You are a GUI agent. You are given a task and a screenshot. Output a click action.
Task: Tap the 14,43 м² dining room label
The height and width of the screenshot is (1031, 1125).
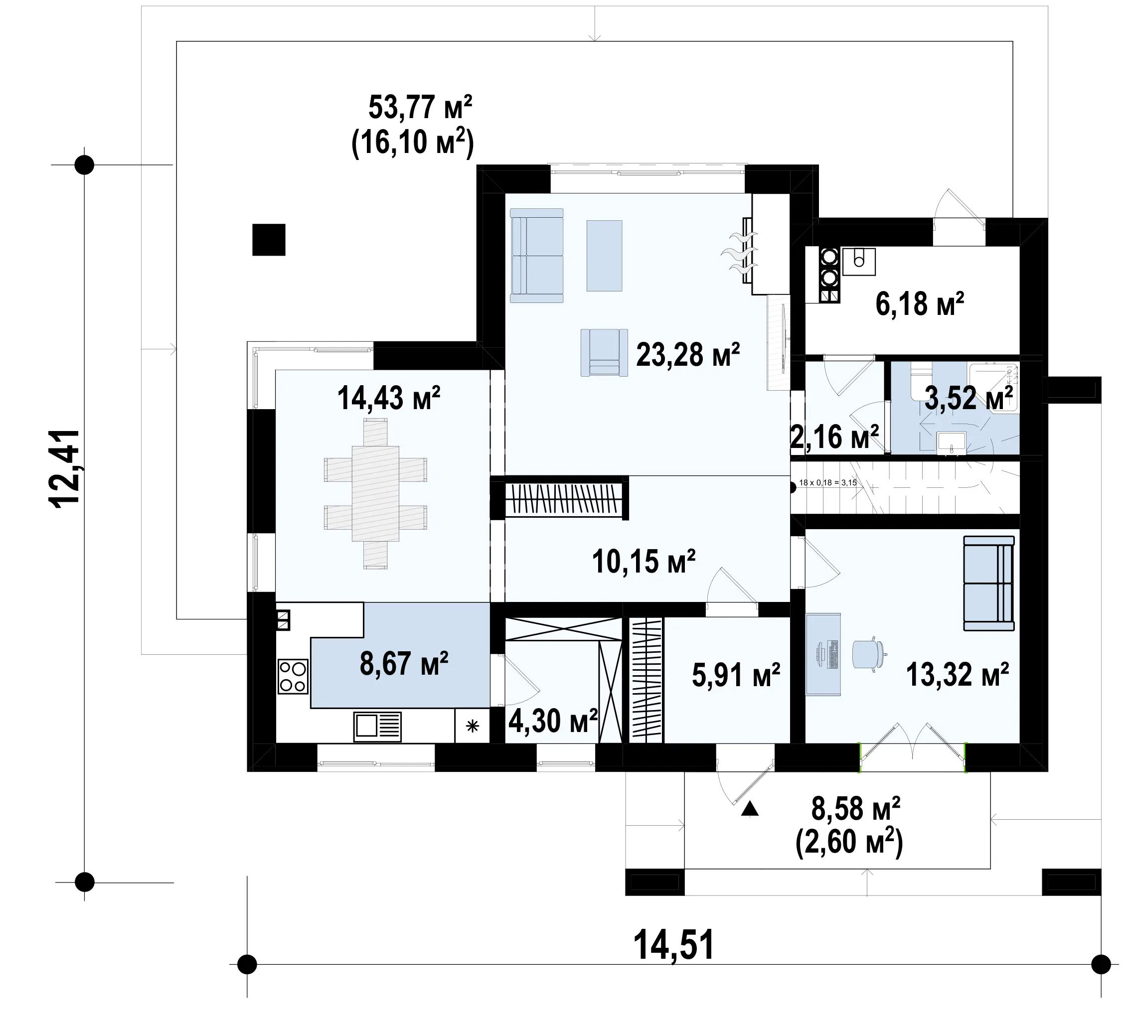[389, 398]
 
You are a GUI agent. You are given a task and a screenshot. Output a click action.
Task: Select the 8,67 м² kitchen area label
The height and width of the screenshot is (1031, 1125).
[404, 663]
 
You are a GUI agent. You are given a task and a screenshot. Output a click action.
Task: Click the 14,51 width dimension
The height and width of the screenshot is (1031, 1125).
[673, 945]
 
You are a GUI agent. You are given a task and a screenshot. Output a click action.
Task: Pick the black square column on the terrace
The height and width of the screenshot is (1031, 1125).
[269, 240]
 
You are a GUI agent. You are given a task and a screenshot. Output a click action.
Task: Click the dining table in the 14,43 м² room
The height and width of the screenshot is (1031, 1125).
[375, 494]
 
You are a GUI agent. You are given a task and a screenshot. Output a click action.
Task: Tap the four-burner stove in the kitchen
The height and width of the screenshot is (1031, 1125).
[293, 677]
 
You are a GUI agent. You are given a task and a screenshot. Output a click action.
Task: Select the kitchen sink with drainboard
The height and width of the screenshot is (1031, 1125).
[377, 727]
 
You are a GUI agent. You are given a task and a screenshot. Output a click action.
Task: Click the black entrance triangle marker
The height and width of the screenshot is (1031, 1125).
[750, 809]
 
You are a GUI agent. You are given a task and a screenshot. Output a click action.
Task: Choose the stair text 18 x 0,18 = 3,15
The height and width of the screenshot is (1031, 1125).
[828, 482]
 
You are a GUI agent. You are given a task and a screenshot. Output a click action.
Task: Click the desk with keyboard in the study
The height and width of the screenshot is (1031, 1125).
[823, 654]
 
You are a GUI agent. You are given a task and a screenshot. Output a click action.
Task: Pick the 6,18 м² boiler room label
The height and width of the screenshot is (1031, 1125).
[920, 304]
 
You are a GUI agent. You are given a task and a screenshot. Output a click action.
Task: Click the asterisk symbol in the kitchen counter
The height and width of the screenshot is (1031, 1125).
[473, 726]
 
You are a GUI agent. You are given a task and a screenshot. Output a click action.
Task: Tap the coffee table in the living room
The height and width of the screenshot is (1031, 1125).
[604, 256]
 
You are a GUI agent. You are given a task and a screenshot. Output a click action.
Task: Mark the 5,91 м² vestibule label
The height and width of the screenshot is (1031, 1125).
[736, 675]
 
